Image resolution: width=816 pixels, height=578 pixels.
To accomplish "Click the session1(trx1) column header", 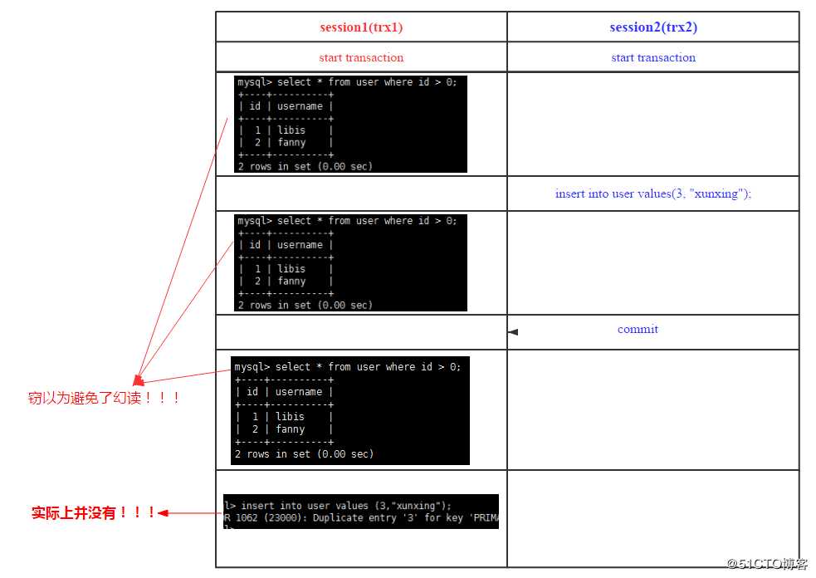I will point(361,27).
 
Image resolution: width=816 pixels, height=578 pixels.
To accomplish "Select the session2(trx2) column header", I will point(653,27).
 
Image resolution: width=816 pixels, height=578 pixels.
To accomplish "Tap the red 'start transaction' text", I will point(361,58).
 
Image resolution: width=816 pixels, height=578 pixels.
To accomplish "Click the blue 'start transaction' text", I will point(653,58).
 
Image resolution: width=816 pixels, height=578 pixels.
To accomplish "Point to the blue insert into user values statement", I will point(653,193).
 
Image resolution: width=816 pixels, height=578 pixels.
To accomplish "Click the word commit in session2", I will point(638,330).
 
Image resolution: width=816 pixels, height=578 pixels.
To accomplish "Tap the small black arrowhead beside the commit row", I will point(513,332).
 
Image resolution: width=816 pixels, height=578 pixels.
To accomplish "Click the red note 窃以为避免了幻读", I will point(105,399).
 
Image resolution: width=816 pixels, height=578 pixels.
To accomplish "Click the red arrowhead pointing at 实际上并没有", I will point(164,513).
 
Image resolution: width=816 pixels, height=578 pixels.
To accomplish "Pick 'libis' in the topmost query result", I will point(291,130).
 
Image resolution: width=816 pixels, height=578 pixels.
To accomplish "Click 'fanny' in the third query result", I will point(291,429).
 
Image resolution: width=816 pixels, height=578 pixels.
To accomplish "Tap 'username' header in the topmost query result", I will point(300,106).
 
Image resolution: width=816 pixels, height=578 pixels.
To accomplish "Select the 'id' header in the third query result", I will point(252,392).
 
